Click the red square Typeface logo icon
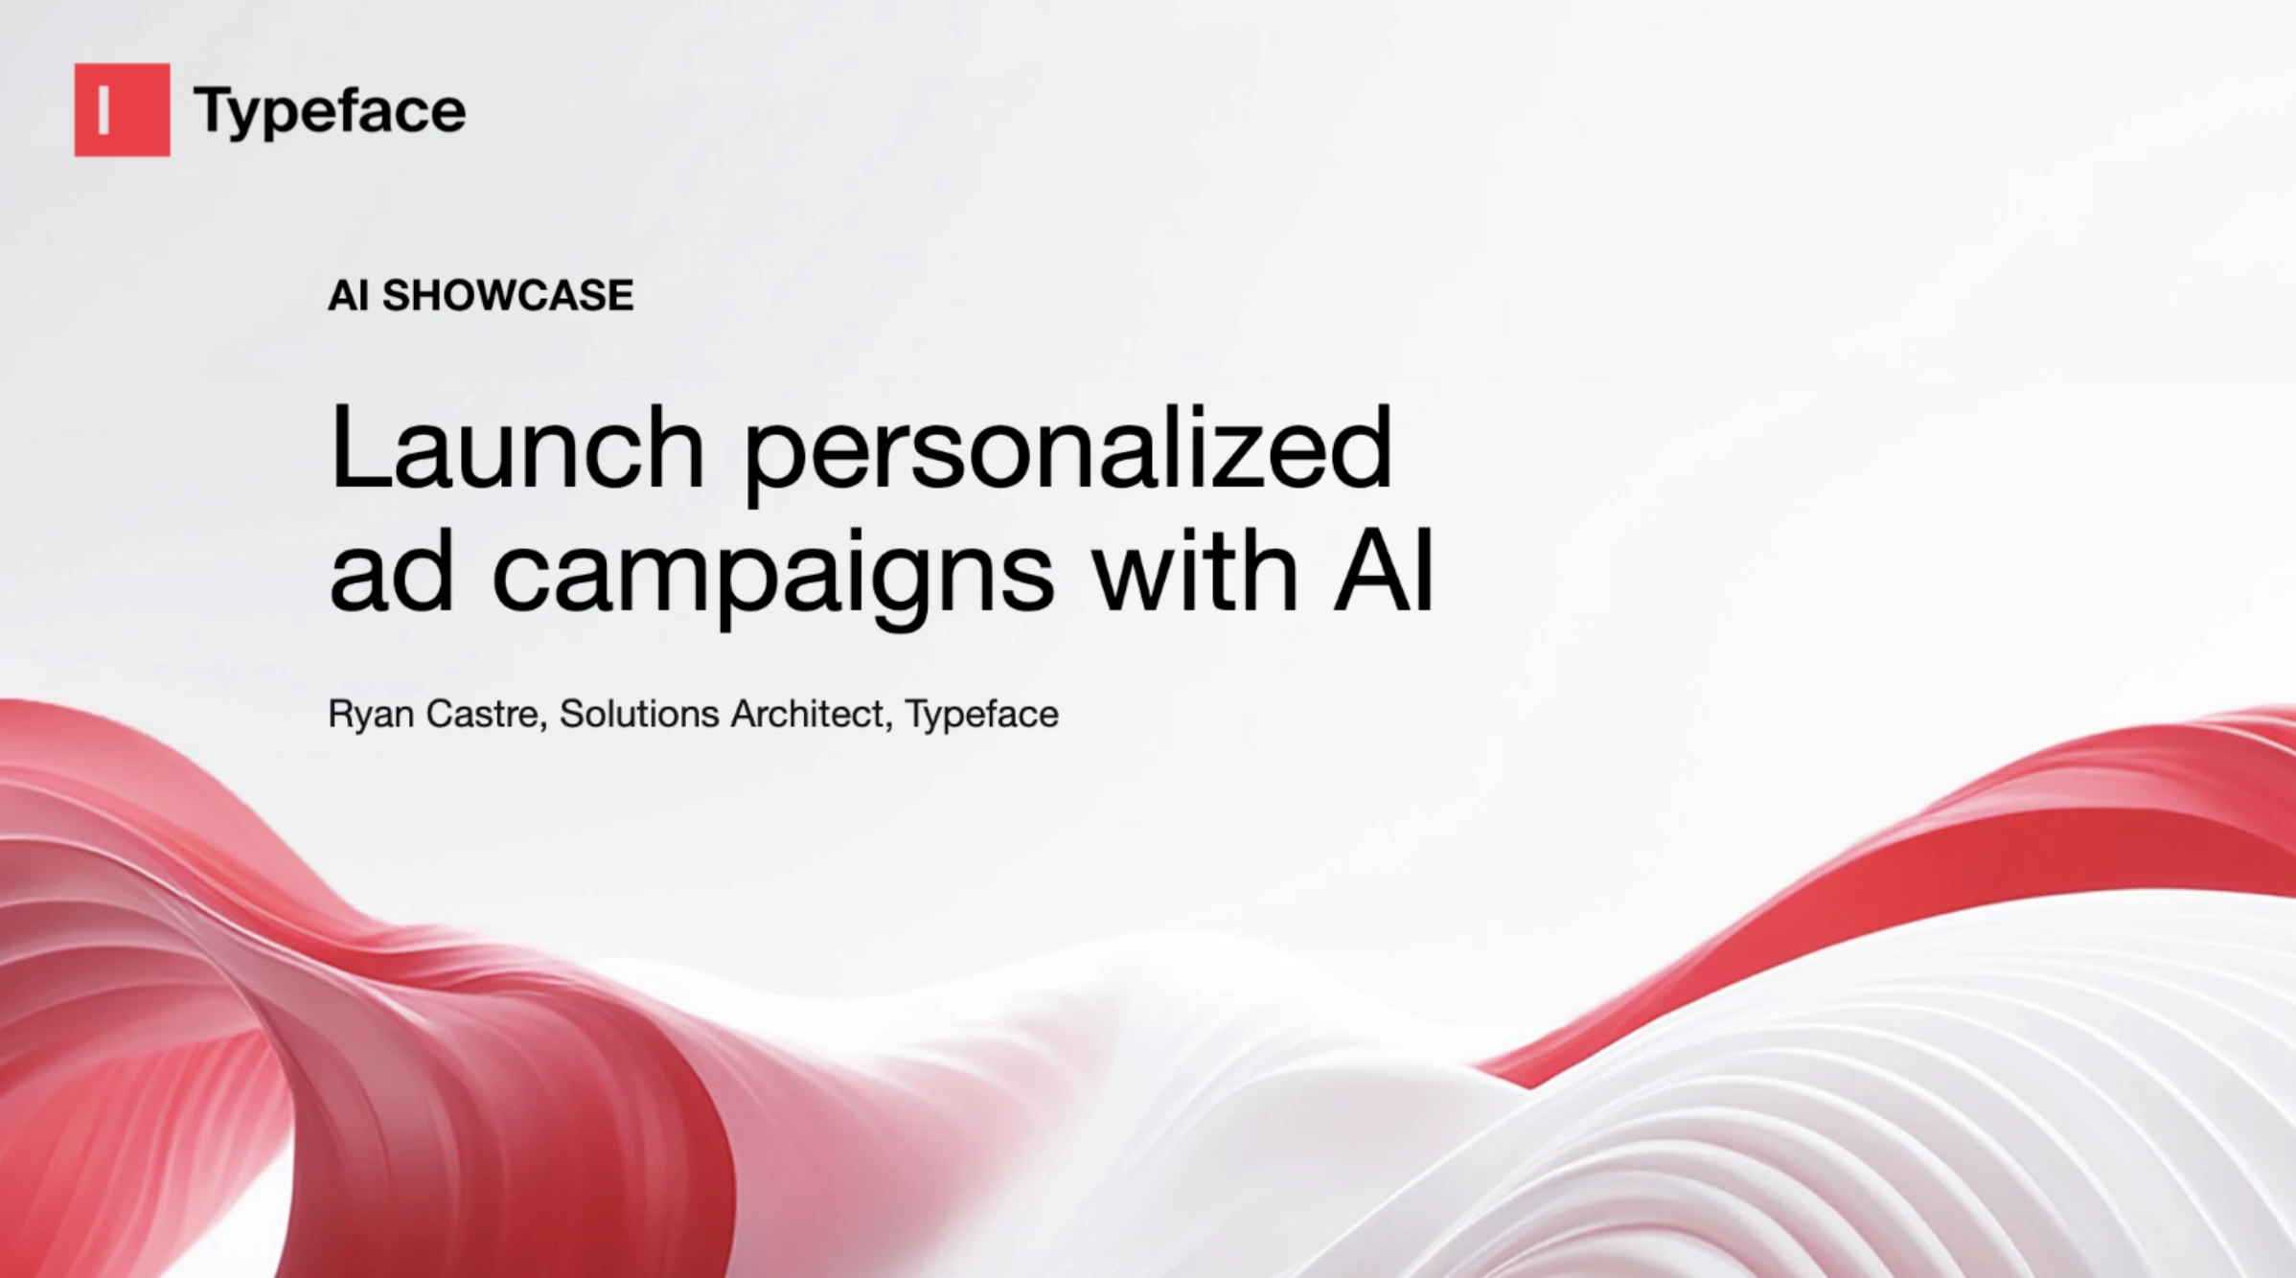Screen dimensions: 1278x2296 pos(122,109)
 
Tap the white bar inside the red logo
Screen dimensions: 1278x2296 pos(103,110)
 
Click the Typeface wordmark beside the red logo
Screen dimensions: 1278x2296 pos(329,111)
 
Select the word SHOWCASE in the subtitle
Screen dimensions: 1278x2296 pos(507,295)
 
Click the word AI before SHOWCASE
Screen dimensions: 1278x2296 pos(348,295)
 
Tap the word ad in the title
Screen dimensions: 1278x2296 pos(390,573)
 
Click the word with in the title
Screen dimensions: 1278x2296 pos(1195,573)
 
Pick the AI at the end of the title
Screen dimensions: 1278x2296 pos(1383,573)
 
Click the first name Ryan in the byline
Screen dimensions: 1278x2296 pos(371,715)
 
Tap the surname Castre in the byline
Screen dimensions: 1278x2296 pos(482,715)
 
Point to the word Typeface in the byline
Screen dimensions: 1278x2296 pos(981,715)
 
